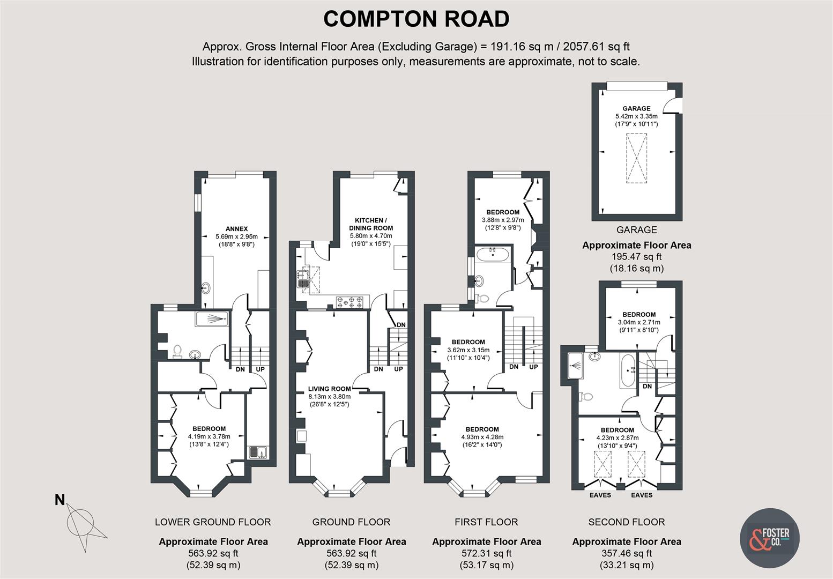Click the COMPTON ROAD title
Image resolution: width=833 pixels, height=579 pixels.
pos(416,19)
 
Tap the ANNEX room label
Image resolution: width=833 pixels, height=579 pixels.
pos(236,229)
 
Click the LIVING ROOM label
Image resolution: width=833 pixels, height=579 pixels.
pos(329,389)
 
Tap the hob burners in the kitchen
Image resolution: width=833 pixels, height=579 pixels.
pos(349,303)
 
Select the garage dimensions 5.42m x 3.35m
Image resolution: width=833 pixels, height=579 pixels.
pos(636,116)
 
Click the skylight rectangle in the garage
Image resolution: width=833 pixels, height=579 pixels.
pos(636,159)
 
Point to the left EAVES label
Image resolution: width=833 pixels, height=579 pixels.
pos(600,495)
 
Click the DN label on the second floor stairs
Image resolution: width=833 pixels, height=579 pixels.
pos(648,386)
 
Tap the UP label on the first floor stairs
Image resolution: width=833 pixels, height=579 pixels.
pos(533,367)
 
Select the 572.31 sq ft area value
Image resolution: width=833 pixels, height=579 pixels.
pos(486,553)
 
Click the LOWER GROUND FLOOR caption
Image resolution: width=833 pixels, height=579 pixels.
pos(213,522)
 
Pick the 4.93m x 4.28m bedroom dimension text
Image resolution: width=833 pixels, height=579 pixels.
pos(482,437)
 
